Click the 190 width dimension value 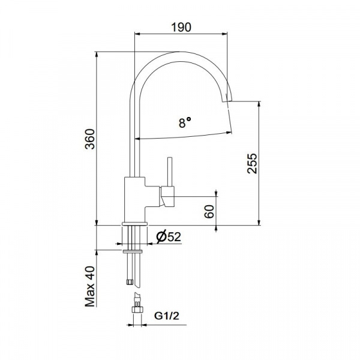tap(181, 27)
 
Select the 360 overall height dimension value tap(90, 139)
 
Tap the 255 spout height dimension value tap(252, 163)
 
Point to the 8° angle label tap(185, 122)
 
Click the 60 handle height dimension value tap(209, 211)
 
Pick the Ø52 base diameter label tap(169, 237)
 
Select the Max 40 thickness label tap(90, 286)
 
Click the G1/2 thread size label tap(166, 316)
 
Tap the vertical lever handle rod tap(170, 172)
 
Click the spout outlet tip tap(227, 101)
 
